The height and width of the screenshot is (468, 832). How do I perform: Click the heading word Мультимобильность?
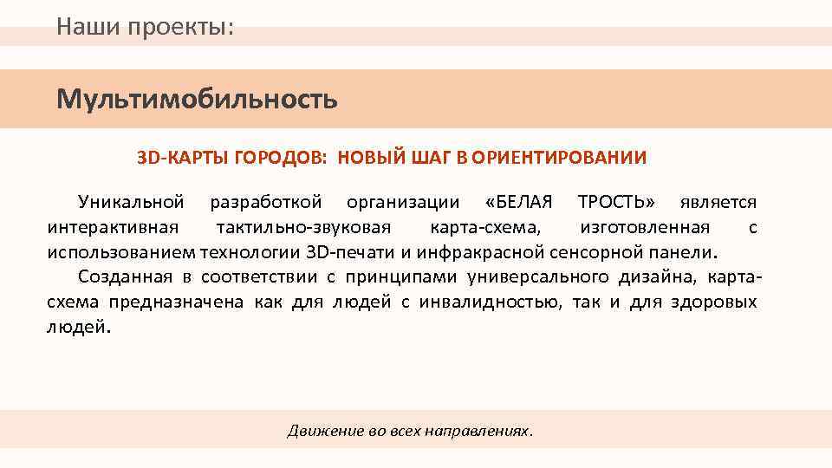pos(197,100)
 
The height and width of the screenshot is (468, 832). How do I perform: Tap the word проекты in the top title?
pos(180,27)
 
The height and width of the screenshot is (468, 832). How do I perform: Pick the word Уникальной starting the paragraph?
pos(131,203)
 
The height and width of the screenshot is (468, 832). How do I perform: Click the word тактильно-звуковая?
pos(304,228)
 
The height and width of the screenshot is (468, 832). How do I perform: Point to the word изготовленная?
pos(645,228)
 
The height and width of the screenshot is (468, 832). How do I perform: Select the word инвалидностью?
pos(490,303)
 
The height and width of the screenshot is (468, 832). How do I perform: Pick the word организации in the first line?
pos(403,203)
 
